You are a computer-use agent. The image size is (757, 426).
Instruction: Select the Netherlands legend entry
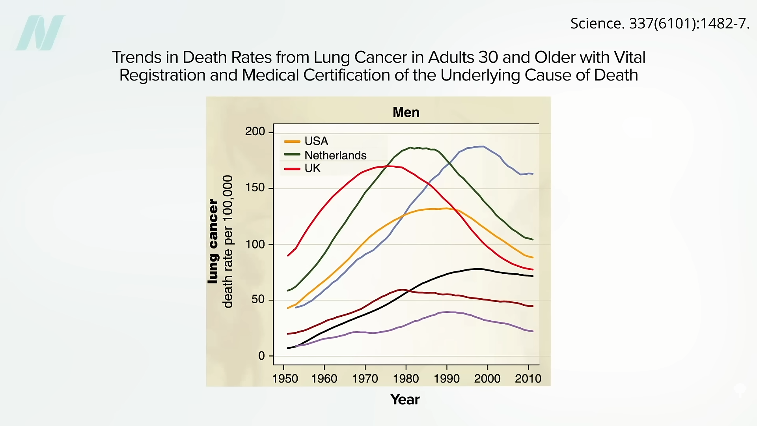tap(326, 155)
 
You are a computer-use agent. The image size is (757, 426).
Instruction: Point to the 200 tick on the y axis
tap(255, 131)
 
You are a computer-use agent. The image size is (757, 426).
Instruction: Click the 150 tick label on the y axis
tap(255, 188)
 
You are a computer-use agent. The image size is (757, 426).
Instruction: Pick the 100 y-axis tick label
tap(255, 244)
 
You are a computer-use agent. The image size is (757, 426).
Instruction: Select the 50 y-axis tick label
tap(258, 299)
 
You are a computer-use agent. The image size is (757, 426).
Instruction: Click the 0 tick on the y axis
tap(261, 356)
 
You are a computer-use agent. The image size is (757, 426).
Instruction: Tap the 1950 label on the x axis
tap(285, 379)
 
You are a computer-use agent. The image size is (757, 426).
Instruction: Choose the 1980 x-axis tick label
tap(406, 379)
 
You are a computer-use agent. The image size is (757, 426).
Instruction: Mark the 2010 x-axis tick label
tap(528, 379)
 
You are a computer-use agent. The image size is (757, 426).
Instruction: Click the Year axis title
tap(405, 400)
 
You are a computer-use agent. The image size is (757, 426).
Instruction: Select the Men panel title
tap(406, 112)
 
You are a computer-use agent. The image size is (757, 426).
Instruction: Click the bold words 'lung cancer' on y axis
tap(213, 241)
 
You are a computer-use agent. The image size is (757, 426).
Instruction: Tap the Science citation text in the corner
tap(660, 24)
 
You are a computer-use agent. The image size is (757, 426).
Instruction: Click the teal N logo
tap(41, 33)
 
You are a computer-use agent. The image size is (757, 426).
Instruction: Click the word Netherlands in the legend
tap(336, 155)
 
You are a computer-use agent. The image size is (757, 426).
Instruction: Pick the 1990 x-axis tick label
tap(447, 379)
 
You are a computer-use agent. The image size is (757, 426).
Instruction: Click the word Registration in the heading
tap(162, 75)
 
